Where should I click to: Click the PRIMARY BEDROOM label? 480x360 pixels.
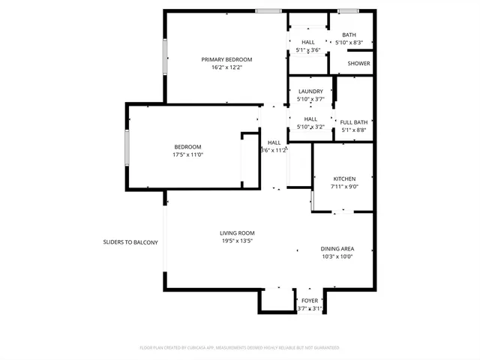click(226, 59)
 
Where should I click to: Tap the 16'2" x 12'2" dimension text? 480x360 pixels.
click(226, 67)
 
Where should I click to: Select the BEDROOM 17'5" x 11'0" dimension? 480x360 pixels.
click(187, 154)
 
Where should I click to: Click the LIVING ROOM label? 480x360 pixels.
click(237, 232)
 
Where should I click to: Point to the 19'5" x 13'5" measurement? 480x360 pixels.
click(237, 241)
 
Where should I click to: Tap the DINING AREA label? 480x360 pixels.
click(337, 248)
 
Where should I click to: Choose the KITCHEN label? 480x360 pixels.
click(344, 178)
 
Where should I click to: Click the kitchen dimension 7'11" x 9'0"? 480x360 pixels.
click(344, 187)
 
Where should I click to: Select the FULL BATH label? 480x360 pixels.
click(354, 122)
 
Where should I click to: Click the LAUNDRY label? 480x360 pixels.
click(310, 91)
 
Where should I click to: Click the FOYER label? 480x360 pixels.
click(309, 301)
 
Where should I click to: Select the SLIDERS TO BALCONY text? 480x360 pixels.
click(130, 242)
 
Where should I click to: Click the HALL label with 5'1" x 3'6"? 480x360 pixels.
click(308, 42)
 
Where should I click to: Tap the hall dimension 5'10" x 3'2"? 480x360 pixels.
click(310, 127)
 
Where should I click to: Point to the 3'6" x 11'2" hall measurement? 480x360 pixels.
click(274, 150)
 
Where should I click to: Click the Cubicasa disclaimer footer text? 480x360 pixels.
click(239, 348)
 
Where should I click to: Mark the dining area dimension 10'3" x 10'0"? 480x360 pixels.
click(337, 256)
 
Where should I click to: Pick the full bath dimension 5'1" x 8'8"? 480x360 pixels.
click(354, 130)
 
